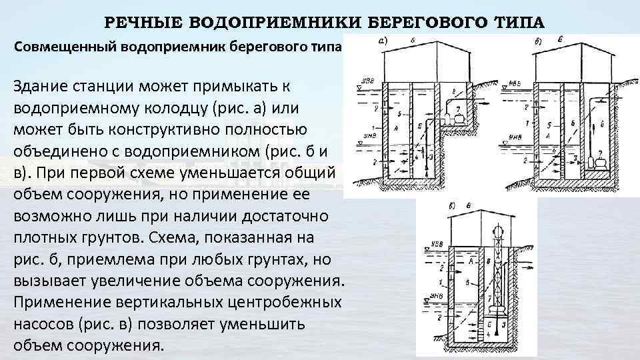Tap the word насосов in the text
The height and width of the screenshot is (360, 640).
41,324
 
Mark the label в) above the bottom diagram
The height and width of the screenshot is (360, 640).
453,205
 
